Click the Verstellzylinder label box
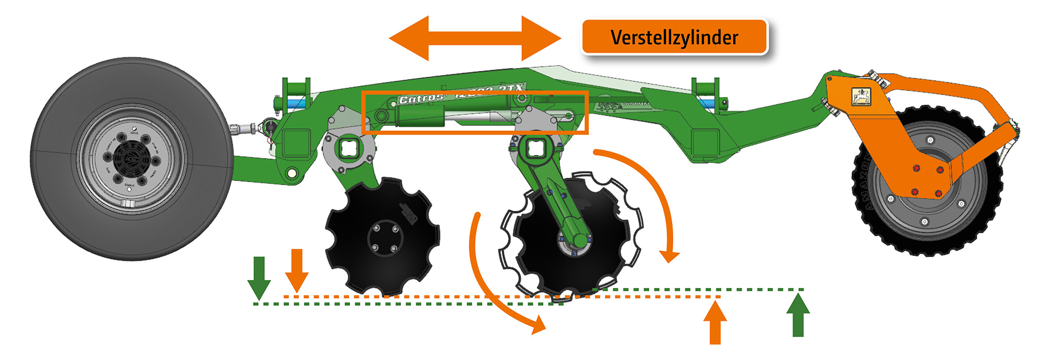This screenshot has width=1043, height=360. tap(674, 37)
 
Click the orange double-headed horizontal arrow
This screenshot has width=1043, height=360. tap(475, 38)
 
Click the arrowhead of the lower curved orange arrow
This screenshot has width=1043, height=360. tap(538, 327)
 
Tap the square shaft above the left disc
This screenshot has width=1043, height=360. tap(348, 149)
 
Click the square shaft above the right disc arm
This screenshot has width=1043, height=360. tap(536, 149)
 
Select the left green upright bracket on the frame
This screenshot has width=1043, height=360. tap(296, 94)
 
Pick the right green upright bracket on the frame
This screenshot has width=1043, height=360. tap(705, 94)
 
